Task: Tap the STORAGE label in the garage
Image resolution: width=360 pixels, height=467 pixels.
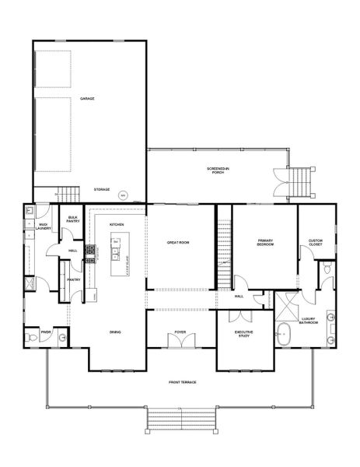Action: [101, 189]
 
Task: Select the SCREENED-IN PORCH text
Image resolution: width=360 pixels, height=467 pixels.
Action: [218, 170]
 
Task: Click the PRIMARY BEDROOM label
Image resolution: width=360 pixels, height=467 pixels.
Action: [265, 242]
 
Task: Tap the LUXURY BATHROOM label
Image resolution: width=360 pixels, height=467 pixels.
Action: [309, 321]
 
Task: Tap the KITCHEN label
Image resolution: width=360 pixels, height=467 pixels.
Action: [117, 224]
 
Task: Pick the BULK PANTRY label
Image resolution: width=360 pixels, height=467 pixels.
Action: [73, 219]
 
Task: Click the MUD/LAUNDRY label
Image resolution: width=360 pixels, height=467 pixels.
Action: [44, 226]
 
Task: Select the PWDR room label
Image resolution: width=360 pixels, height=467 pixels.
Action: [45, 331]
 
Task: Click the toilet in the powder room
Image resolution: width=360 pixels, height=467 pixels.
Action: [30, 338]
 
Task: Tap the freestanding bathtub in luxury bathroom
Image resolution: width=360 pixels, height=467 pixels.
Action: [283, 337]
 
